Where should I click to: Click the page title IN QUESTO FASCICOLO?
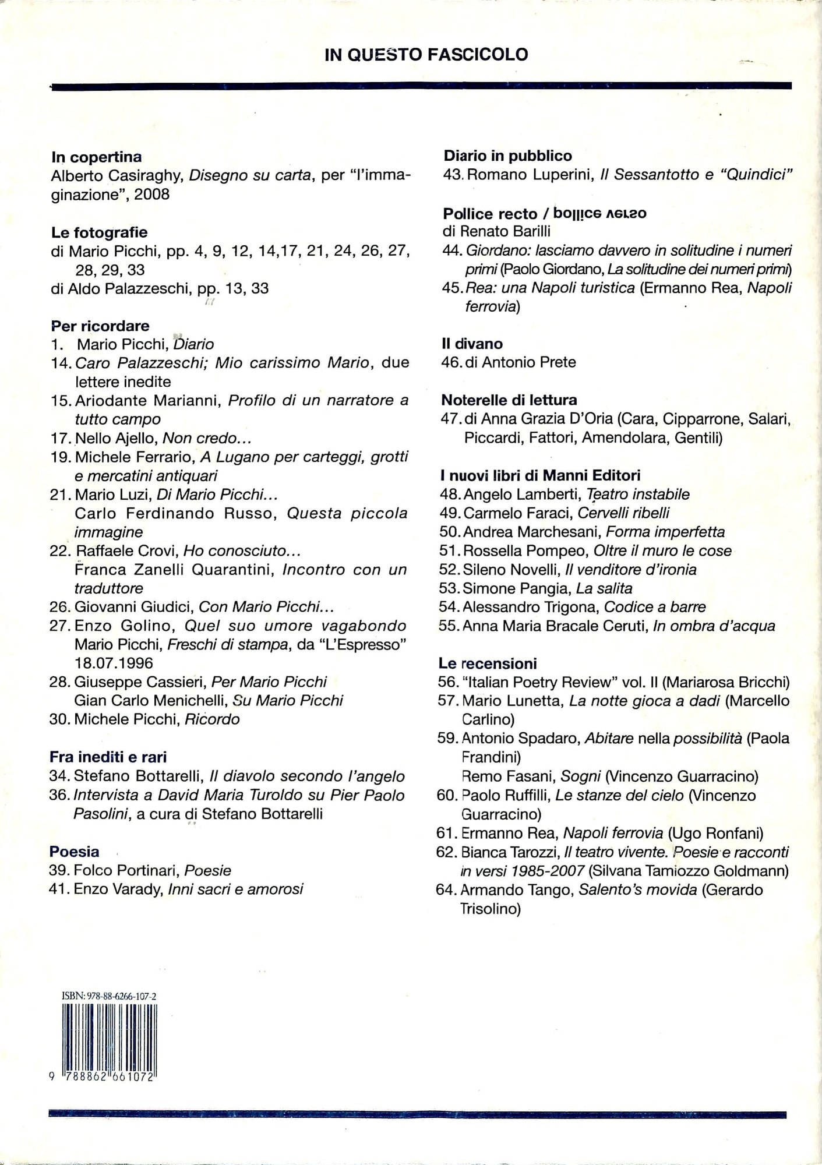[x=426, y=55]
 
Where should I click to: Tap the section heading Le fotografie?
[x=99, y=232]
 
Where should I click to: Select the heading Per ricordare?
[x=100, y=326]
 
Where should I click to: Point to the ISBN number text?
[x=109, y=996]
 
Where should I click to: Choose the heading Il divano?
[x=472, y=344]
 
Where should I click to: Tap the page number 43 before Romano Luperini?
[x=453, y=175]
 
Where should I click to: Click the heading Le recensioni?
[x=488, y=663]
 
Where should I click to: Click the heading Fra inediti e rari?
[x=108, y=757]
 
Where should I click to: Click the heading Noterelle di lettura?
[x=509, y=400]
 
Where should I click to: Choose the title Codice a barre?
[x=655, y=607]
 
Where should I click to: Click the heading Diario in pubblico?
[x=508, y=156]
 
